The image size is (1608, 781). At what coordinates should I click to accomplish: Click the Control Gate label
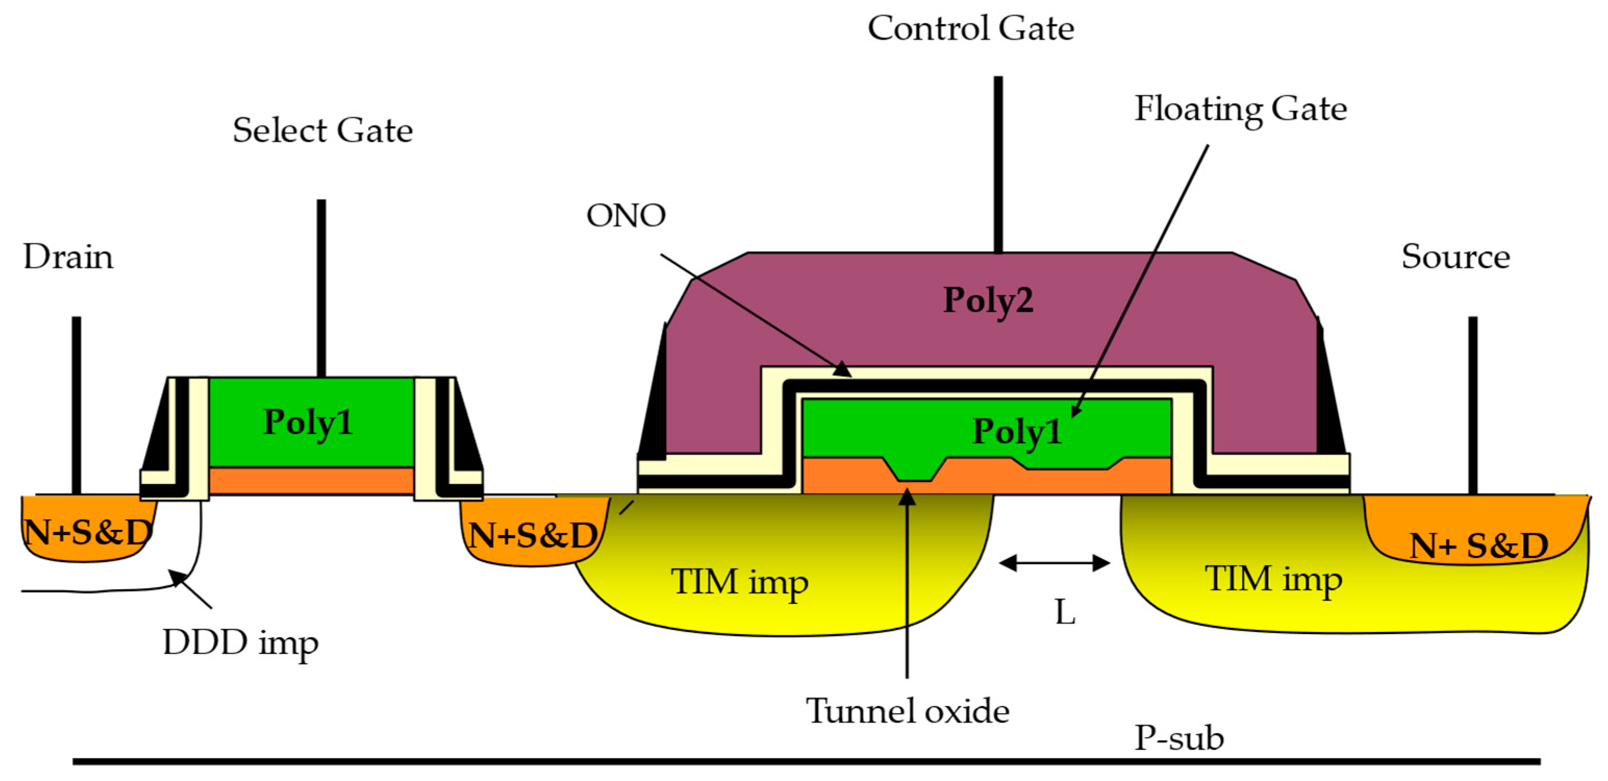click(971, 29)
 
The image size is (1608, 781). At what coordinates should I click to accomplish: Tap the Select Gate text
click(323, 131)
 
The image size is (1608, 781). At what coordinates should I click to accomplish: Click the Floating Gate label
click(1240, 109)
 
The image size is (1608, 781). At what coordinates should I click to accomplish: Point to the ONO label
click(626, 216)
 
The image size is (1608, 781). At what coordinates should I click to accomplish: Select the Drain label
click(68, 257)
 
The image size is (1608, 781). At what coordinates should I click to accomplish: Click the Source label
click(1455, 256)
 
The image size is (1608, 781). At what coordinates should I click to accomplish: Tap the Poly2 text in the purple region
click(987, 300)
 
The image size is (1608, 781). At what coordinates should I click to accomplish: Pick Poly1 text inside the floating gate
click(1017, 431)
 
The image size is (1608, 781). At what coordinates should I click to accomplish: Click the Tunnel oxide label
click(907, 711)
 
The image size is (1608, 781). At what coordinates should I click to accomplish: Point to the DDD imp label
click(240, 642)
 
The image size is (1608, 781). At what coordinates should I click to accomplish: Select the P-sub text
click(1179, 738)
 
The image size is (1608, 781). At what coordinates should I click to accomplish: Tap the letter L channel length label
click(1065, 612)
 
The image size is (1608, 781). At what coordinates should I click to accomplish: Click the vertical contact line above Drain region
click(76, 406)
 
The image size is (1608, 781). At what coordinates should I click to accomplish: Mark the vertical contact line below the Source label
click(1473, 406)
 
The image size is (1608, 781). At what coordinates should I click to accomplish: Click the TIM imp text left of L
click(739, 581)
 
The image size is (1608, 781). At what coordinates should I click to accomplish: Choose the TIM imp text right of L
click(1273, 578)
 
